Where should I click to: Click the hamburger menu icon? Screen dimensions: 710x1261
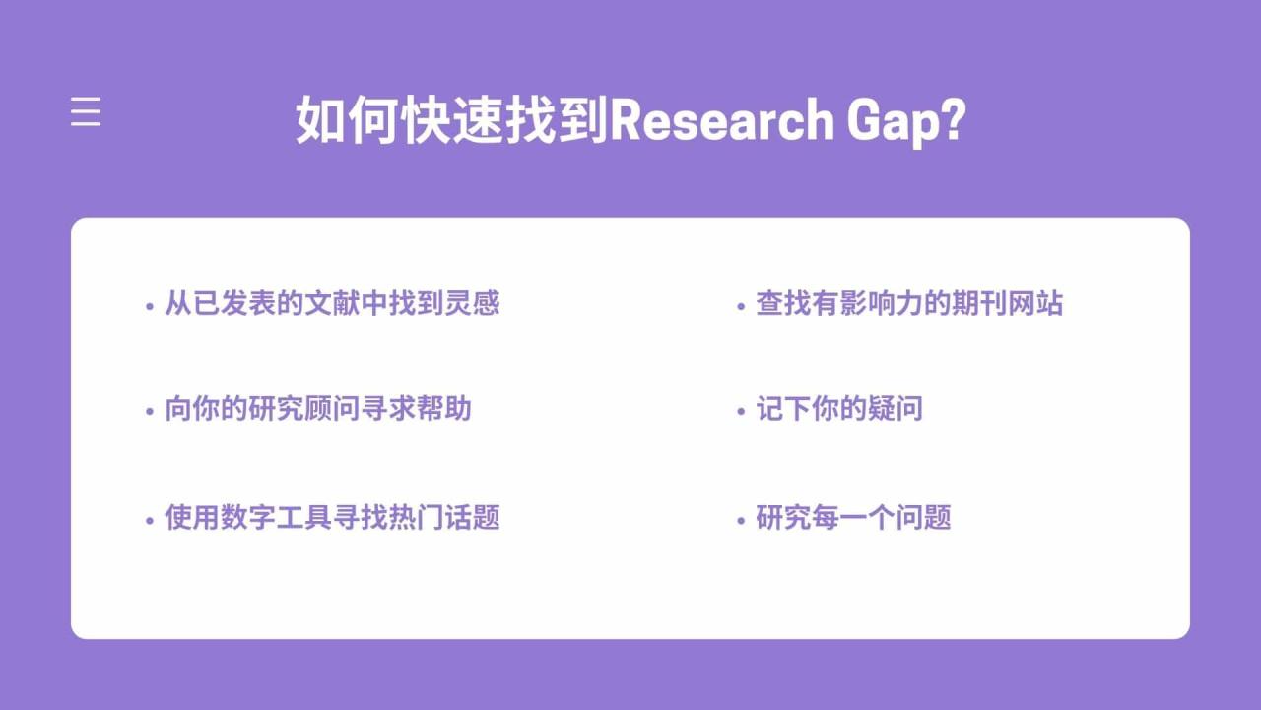click(x=86, y=111)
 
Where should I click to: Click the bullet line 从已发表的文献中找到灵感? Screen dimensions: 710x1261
click(x=332, y=303)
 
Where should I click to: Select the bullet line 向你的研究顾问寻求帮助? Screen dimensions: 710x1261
click(x=318, y=409)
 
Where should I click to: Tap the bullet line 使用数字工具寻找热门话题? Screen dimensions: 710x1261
click(x=332, y=517)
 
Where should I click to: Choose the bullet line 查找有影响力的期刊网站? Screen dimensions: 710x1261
click(x=909, y=303)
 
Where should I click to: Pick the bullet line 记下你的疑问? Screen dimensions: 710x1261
click(x=838, y=409)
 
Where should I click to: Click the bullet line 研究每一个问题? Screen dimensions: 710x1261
click(x=853, y=517)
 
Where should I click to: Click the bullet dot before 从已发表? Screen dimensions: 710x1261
click(x=149, y=306)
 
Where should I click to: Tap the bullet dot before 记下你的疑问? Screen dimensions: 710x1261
click(x=741, y=412)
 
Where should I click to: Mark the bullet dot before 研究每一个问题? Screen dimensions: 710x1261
click(x=741, y=520)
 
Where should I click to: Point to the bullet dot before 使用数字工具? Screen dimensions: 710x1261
click(x=149, y=520)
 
